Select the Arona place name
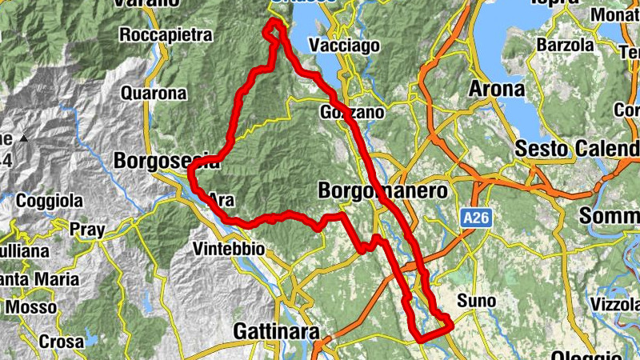[x=498, y=88]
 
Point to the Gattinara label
[x=276, y=330]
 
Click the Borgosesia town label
[x=164, y=161]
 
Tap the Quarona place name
[x=154, y=93]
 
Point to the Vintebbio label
[x=229, y=250]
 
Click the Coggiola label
[x=50, y=200]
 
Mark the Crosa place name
[x=61, y=342]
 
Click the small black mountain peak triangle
[x=24, y=138]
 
